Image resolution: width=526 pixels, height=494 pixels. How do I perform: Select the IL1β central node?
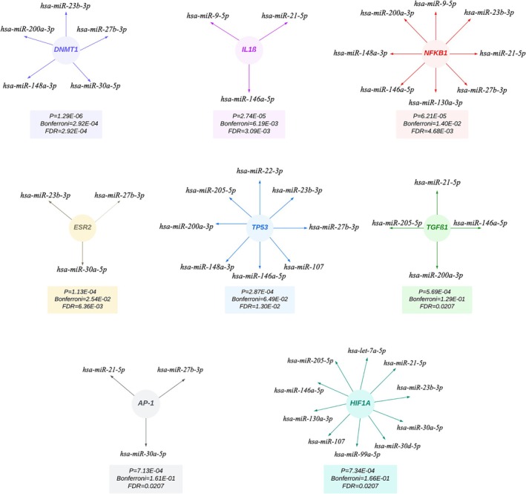[249, 49]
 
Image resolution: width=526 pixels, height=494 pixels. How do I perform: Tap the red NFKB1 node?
[435, 53]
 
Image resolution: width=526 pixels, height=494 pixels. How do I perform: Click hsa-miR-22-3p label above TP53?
[259, 171]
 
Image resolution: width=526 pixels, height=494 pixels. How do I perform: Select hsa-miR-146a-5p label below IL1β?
[249, 97]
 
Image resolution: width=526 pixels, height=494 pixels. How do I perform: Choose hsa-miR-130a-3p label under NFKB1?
[435, 102]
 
